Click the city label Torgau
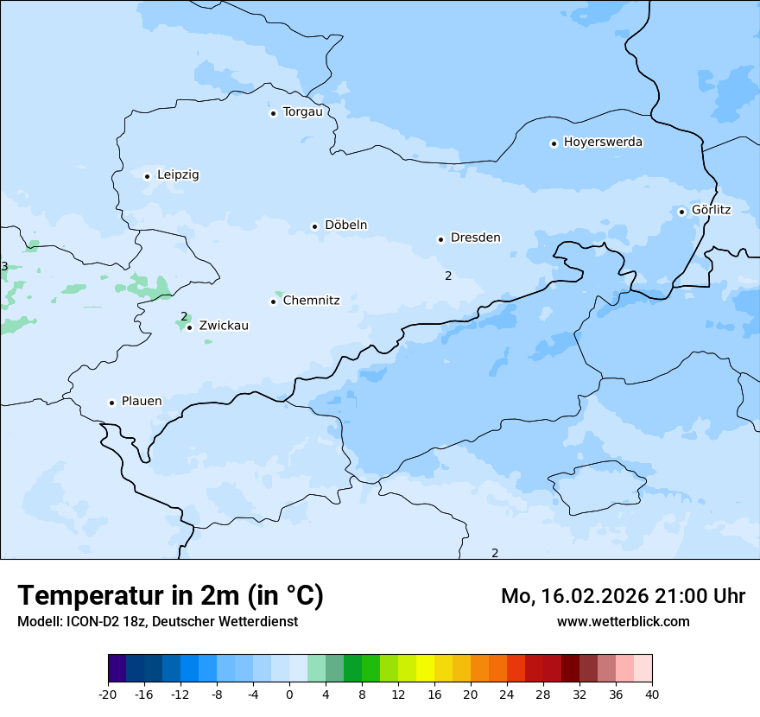(302, 112)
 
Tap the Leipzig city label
(178, 174)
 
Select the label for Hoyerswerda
(603, 142)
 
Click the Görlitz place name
(711, 210)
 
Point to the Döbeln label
(345, 225)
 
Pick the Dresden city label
(475, 238)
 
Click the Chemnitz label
(311, 301)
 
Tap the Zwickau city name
(224, 326)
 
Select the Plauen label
(141, 402)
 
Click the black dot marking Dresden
(440, 239)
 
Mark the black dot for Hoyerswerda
(554, 143)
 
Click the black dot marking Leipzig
(147, 176)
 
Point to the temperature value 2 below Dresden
(448, 276)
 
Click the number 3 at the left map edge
(4, 266)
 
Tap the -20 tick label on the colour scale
(108, 695)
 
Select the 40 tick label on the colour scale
(651, 695)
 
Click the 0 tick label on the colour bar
(289, 695)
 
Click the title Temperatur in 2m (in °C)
(170, 595)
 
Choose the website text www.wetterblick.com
(623, 621)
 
